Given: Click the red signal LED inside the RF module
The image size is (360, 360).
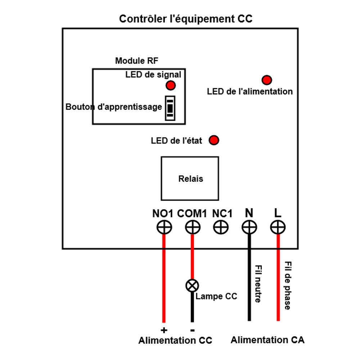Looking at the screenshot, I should point(170,85).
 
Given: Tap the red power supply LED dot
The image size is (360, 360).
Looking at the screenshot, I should point(267,80).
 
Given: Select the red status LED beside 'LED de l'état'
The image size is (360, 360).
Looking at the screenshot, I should point(214,140).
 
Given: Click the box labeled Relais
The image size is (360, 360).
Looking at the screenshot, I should point(190,179).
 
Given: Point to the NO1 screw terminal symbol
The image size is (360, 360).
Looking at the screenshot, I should point(164,228).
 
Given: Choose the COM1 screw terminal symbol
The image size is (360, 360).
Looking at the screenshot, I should point(193,228).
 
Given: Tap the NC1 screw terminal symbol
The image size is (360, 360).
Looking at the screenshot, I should point(221,228).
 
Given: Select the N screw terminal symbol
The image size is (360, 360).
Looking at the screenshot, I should point(249,228).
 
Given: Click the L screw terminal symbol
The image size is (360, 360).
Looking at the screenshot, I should point(278,228).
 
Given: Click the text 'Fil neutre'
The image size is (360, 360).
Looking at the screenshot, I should point(258,284).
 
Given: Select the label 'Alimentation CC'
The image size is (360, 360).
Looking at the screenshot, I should point(175,341).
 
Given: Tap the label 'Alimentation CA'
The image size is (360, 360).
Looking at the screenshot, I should point(267,340).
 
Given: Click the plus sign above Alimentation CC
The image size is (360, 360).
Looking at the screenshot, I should point(164,330).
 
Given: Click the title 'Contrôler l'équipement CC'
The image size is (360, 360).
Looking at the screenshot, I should point(186,19).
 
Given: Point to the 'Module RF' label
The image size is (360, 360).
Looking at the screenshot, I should point(136,61).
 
